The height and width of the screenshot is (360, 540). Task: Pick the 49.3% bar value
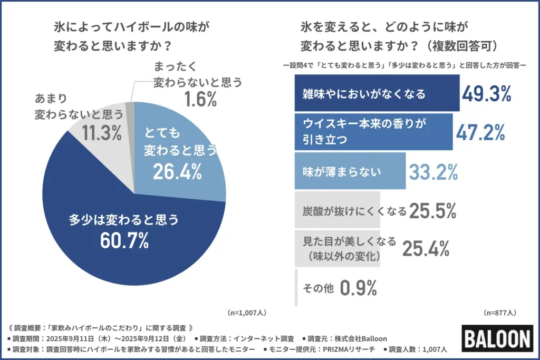pos(487,94)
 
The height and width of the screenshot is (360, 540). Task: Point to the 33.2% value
pos(432,171)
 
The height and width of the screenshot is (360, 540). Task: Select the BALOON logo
pos(497,337)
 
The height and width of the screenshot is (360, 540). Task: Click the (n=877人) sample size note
pos(501,312)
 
